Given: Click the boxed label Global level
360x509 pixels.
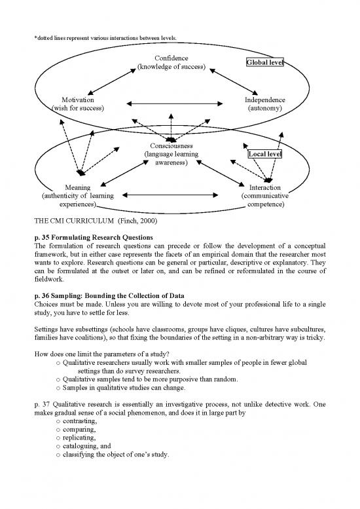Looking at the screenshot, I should pyautogui.click(x=264, y=63).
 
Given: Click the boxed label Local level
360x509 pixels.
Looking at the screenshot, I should pyautogui.click(x=264, y=154).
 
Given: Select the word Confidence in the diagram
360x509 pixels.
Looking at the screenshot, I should pyautogui.click(x=171, y=58).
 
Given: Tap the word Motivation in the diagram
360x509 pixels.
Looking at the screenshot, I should pyautogui.click(x=77, y=100).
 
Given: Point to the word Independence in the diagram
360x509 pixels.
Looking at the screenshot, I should pyautogui.click(x=264, y=100).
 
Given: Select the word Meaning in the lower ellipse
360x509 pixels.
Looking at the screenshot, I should pyautogui.click(x=77, y=187).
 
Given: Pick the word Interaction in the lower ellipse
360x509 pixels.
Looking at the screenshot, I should pyautogui.click(x=265, y=187).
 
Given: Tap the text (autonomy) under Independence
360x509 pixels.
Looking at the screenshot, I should pyautogui.click(x=264, y=108).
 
